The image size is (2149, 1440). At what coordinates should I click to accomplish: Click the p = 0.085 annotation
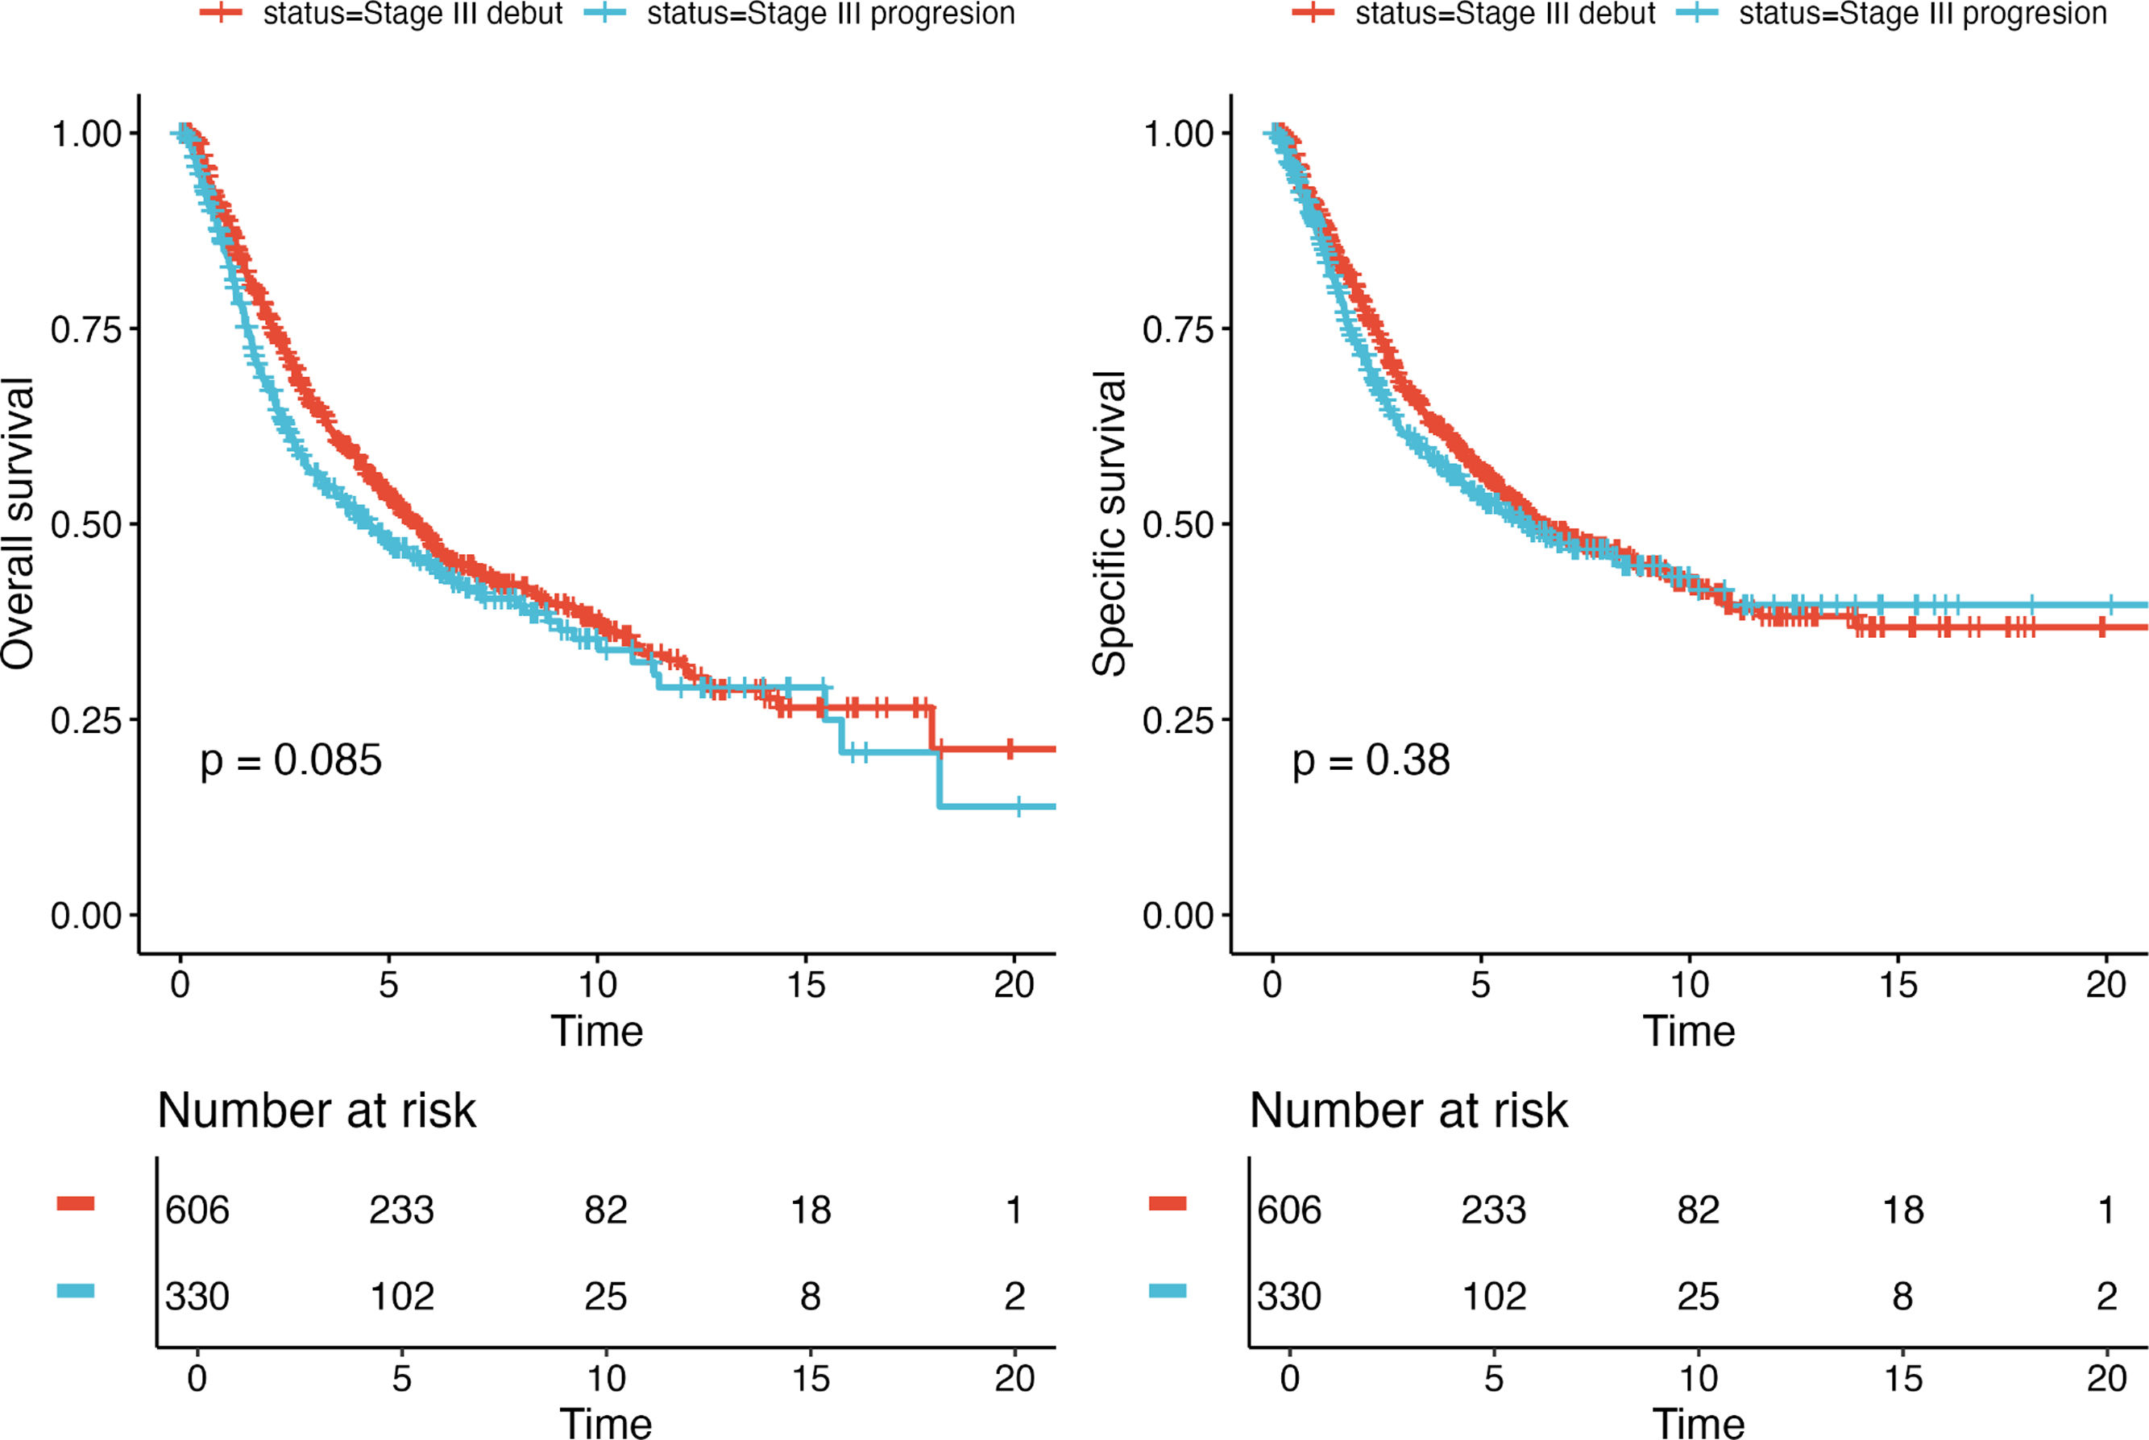click(290, 760)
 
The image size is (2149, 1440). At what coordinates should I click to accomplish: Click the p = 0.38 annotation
click(1371, 760)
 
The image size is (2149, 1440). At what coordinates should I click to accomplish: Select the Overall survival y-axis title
click(19, 524)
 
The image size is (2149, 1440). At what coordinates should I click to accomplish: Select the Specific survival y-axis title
click(1110, 524)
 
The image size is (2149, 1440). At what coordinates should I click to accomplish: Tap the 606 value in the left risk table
click(197, 1210)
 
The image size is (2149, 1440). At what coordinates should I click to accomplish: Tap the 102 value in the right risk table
click(1493, 1296)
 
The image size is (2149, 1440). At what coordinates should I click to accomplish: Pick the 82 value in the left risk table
click(605, 1210)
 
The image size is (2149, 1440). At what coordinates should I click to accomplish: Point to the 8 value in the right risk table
click(1902, 1296)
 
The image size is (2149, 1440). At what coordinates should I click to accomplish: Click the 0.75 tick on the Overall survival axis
click(86, 329)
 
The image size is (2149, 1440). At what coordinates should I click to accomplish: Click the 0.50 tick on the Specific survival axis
click(1178, 524)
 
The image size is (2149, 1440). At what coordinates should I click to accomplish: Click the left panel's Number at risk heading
click(317, 1111)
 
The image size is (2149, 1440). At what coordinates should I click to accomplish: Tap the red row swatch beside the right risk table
click(1167, 1203)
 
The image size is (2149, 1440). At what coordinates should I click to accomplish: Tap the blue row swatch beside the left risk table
click(75, 1290)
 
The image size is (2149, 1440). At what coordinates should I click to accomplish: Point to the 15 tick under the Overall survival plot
click(806, 986)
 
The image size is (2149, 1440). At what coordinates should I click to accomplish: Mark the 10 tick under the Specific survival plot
click(1689, 986)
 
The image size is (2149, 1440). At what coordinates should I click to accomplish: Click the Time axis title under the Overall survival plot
click(596, 1032)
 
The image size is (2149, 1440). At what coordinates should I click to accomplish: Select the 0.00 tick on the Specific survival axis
click(1178, 916)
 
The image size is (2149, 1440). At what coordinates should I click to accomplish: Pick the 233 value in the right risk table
click(1493, 1210)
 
